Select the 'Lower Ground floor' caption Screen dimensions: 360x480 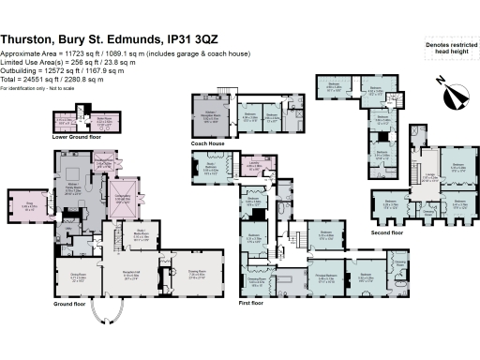74,137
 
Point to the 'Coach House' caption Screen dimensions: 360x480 205,143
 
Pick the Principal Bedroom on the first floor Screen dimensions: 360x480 326,277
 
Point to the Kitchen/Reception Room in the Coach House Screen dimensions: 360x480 210,117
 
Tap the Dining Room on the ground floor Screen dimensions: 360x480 90,278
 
